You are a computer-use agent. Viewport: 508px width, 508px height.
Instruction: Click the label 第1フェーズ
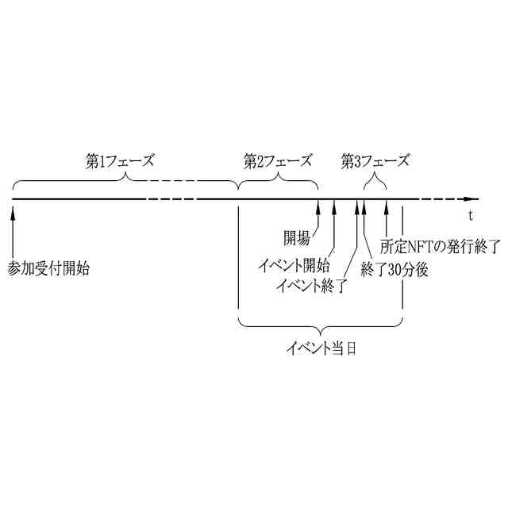(119, 161)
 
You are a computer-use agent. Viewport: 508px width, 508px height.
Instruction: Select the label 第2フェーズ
(278, 161)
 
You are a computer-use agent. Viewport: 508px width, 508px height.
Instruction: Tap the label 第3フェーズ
(375, 161)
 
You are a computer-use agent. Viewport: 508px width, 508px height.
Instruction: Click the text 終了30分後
(394, 269)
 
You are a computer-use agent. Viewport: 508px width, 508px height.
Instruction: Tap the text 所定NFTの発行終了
(441, 247)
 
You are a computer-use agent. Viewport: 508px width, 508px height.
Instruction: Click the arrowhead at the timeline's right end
(474, 198)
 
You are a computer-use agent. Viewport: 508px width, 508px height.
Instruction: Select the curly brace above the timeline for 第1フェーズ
(125, 182)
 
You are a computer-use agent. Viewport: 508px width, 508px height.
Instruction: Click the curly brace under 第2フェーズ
(278, 182)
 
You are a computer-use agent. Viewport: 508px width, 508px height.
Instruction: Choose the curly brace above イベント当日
(321, 325)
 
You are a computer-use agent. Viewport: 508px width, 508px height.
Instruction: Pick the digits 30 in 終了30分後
(394, 269)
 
